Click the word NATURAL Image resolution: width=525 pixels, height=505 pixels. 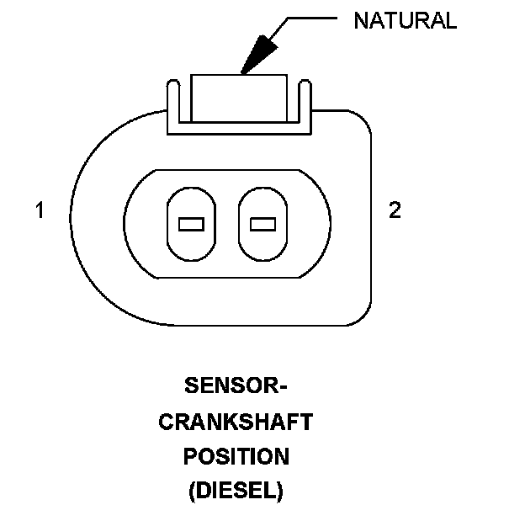pos(405,21)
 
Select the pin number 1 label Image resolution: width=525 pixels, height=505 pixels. pos(40,210)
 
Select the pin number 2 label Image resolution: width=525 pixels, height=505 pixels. pos(395,210)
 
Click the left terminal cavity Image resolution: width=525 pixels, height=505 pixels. pos(193,223)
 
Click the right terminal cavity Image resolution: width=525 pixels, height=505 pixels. pos(263,223)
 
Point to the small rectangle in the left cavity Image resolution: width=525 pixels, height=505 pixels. pos(193,224)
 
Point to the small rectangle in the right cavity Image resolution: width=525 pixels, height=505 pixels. pos(263,224)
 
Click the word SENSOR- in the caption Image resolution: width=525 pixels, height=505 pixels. pos(236,388)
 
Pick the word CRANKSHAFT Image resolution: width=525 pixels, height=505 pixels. pos(236,423)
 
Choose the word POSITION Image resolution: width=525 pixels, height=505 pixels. pos(236,456)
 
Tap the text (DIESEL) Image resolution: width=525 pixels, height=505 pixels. pos(236,490)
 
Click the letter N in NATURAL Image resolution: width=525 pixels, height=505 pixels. pos(359,21)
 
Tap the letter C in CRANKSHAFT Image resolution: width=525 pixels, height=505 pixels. pos(165,423)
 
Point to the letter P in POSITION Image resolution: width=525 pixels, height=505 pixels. pos(190,456)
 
